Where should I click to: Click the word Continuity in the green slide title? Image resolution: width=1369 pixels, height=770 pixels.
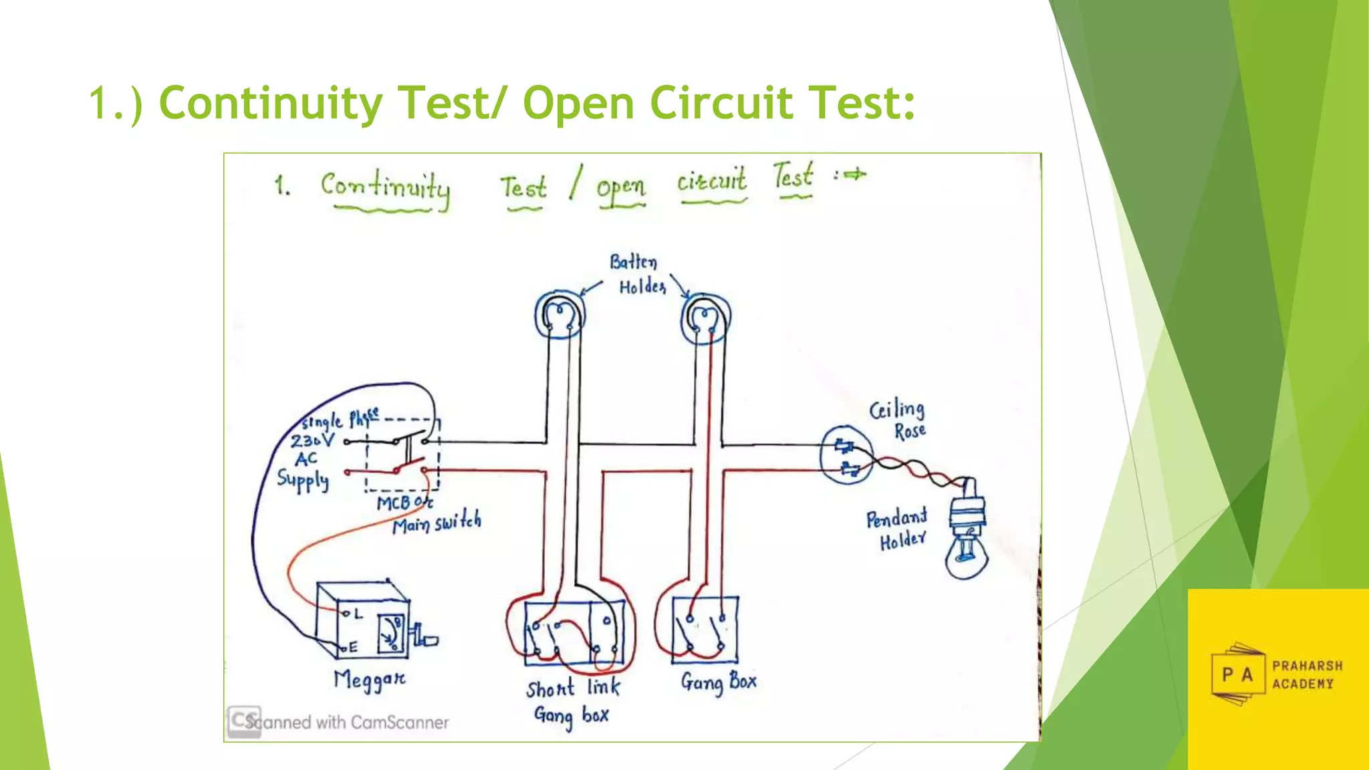270,104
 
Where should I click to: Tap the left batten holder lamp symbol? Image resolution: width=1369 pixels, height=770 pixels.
559,314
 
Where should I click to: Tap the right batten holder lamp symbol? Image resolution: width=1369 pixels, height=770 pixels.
705,317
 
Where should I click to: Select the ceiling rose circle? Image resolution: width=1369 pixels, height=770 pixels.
846,455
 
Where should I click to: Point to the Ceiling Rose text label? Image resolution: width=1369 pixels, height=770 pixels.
898,419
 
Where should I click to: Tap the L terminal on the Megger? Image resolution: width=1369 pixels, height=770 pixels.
346,612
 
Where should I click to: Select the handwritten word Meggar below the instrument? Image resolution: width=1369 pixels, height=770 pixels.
369,680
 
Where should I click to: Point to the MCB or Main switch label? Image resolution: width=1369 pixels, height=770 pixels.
428,513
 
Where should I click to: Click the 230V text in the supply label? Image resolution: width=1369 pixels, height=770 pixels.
312,440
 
